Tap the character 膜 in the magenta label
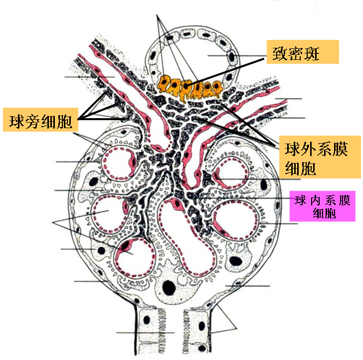point(344,200)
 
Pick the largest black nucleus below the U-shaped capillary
point(170,288)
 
